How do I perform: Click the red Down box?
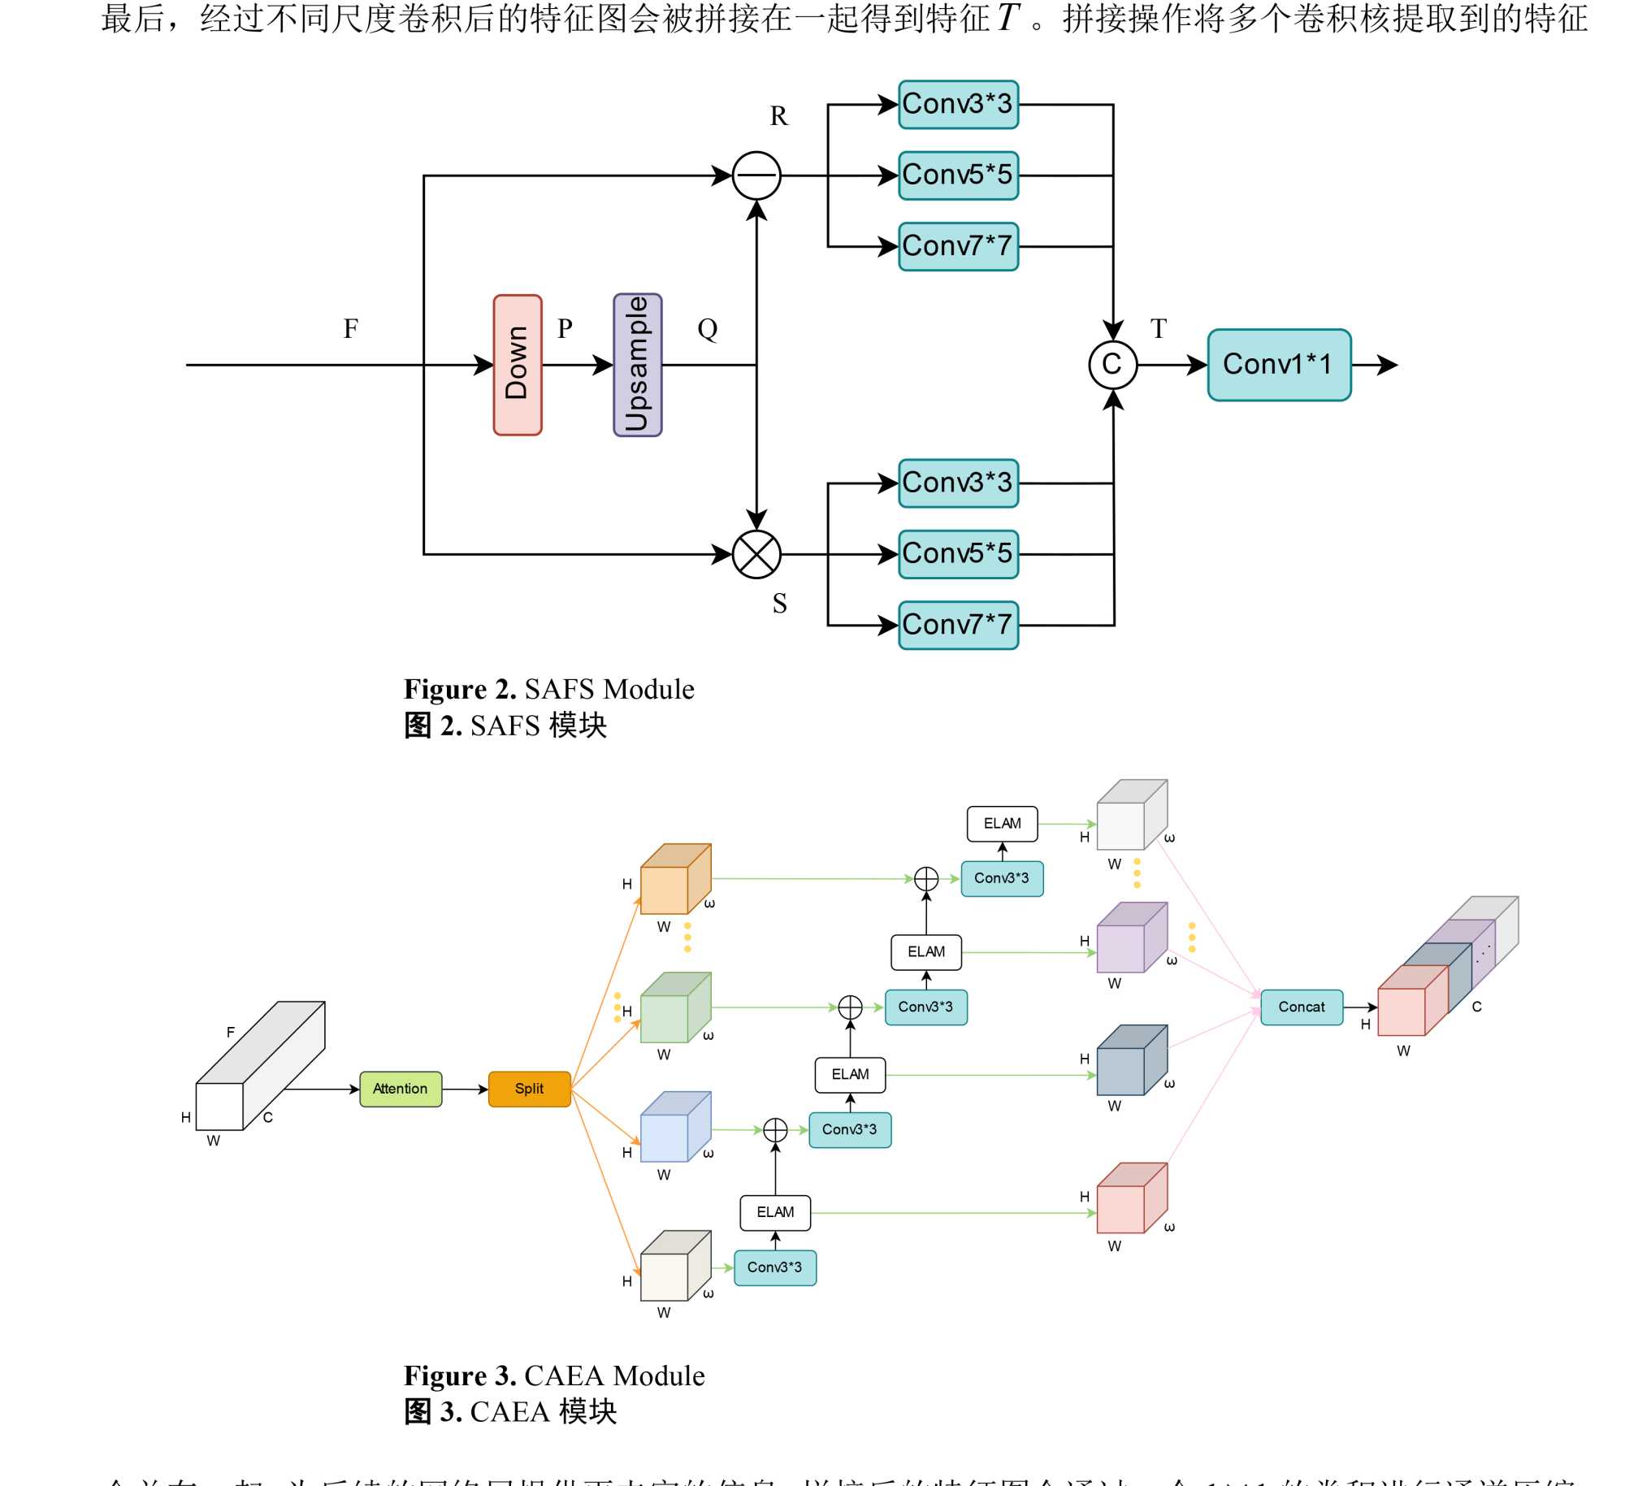pos(518,365)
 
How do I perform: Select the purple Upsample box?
pos(638,365)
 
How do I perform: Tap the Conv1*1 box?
pos(1279,365)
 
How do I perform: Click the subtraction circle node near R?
pos(756,175)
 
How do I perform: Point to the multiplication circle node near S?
pos(756,555)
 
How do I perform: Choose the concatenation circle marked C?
pos(1112,365)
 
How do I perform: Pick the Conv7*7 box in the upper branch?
pos(958,246)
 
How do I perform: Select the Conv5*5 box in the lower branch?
pos(958,554)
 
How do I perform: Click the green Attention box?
pos(401,1089)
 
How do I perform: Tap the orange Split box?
pos(529,1089)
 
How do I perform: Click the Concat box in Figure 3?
pos(1302,1007)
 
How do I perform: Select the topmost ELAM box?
pos(1002,824)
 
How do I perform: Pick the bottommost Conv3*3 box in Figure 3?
pos(775,1267)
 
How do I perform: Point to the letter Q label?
pos(708,329)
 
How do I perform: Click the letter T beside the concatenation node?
pos(1159,329)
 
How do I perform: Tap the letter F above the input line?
pos(351,329)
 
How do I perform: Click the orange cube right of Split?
pos(674,880)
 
